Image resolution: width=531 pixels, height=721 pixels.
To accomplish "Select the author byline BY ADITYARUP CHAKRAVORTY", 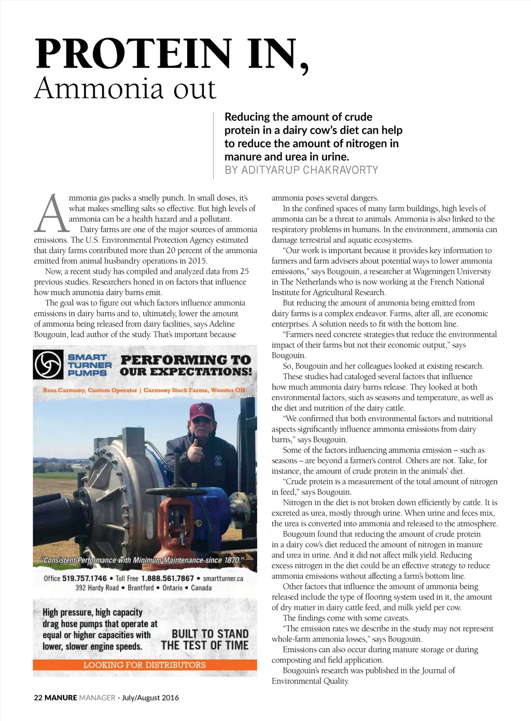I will [301, 170].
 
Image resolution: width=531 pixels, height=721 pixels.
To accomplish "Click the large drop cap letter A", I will [51, 214].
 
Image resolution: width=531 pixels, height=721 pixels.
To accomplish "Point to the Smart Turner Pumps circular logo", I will [48, 365].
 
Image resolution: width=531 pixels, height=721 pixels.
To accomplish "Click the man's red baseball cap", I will [201, 412].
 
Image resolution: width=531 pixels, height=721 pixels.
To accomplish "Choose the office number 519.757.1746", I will [85, 578].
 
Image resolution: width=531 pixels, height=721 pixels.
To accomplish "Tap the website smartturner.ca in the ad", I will [223, 578].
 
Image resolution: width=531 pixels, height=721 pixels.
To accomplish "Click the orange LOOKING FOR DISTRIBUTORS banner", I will [145, 665].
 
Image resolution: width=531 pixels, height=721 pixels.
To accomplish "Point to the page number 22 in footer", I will [38, 698].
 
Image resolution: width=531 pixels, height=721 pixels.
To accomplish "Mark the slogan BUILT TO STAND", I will [209, 634].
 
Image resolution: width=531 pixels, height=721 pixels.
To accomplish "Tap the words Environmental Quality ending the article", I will [310, 681].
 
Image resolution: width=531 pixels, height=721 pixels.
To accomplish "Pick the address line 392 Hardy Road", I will [97, 588].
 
